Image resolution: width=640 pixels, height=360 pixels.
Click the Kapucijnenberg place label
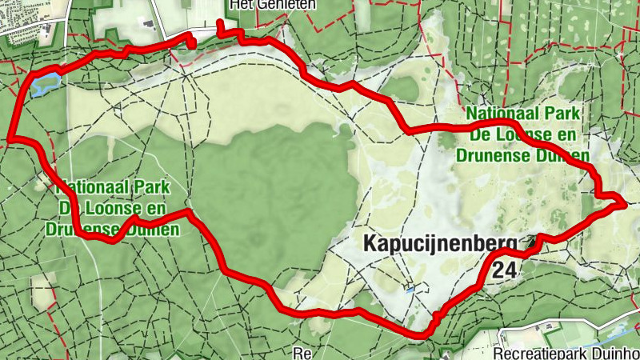440,244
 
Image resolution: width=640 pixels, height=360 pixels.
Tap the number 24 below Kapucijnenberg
504,270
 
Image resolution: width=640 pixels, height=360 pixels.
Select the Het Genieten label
272,5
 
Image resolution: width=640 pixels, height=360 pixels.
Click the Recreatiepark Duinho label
566,353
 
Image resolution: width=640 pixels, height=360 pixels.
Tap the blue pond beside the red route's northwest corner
45,82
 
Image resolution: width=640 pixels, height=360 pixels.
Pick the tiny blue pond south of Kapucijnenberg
410,290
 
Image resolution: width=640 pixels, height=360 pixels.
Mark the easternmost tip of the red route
624,203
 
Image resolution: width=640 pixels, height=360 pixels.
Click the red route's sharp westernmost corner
10,140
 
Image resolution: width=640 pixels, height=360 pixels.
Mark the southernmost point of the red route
422,334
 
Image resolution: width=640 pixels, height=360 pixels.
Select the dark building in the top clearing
146,23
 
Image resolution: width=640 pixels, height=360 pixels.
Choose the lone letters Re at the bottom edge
302,353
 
